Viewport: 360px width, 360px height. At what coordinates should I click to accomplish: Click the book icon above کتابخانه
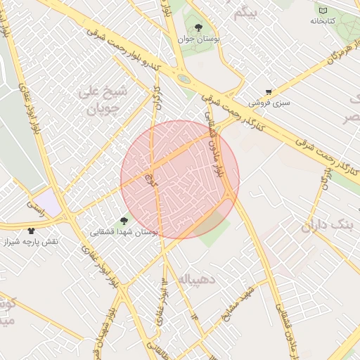(x=323, y=11)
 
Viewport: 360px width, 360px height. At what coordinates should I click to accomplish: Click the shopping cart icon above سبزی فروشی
(x=269, y=92)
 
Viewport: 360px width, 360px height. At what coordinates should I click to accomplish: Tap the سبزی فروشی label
(x=274, y=103)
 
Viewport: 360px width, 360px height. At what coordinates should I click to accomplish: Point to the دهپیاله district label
(x=198, y=279)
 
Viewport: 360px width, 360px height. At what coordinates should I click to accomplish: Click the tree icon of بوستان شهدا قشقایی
(x=124, y=221)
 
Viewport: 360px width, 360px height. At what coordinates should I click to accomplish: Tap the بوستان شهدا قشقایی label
(x=125, y=231)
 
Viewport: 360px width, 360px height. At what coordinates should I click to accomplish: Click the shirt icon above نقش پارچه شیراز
(x=31, y=230)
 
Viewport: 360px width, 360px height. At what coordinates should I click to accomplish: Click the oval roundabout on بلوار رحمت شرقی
(x=183, y=79)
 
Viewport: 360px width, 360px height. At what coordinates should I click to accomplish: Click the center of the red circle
(x=180, y=179)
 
